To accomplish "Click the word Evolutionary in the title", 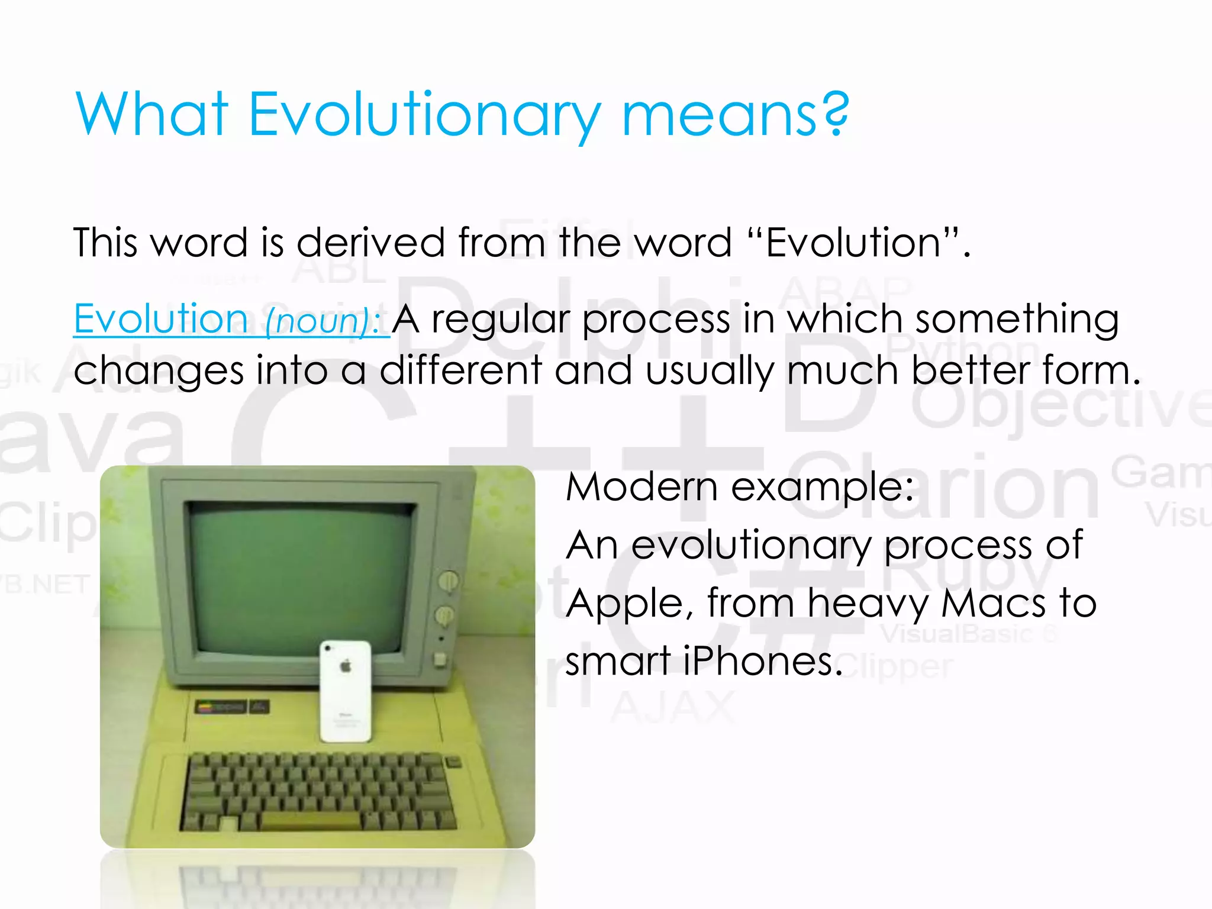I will click(424, 115).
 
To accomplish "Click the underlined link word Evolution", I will click(160, 320).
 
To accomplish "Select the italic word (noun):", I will click(323, 321).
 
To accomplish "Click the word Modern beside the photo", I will click(642, 488).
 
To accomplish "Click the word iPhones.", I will click(763, 662).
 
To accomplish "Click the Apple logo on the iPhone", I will click(346, 667).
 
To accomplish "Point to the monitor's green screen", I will click(302, 574).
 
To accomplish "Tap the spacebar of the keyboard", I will click(310, 820).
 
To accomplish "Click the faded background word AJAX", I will click(672, 707).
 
